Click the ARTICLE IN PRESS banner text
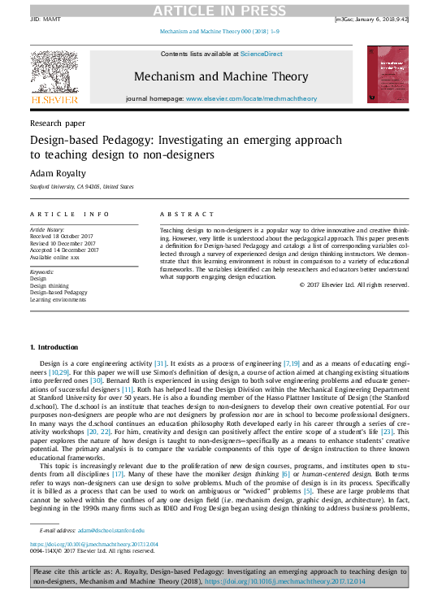pyautogui.click(x=221, y=10)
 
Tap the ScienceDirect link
pyautogui.click(x=262, y=54)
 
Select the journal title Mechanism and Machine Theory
pyautogui.click(x=221, y=76)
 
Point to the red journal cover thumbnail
pyautogui.click(x=388, y=73)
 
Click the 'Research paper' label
pyautogui.click(x=57, y=124)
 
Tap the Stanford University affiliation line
pyautogui.click(x=81, y=186)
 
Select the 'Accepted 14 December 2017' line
pyautogui.click(x=65, y=250)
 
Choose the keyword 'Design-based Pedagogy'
pyautogui.click(x=58, y=292)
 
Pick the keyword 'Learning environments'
pyautogui.click(x=58, y=299)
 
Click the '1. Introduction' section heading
pyautogui.click(x=54, y=347)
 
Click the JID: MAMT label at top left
pyautogui.click(x=45, y=19)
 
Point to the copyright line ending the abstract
pyautogui.click(x=354, y=285)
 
